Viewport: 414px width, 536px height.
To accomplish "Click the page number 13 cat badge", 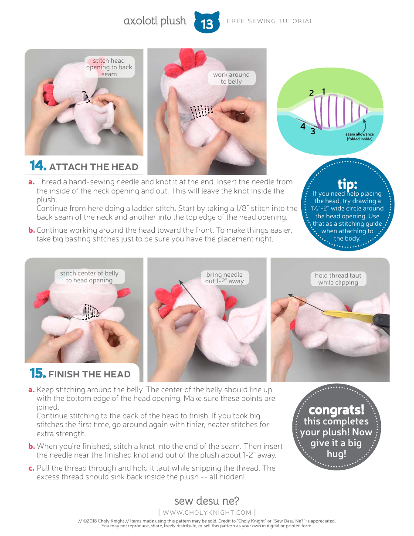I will tap(207, 23).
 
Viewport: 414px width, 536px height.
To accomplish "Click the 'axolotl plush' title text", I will tap(155, 21).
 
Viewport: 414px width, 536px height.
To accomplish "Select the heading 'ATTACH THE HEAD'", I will tap(94, 167).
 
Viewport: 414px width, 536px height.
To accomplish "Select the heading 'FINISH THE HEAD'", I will tap(89, 374).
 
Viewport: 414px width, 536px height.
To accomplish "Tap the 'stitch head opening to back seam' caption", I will tap(109, 68).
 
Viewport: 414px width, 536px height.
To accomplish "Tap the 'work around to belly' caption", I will tap(231, 78).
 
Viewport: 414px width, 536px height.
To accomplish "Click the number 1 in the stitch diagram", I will tap(324, 92).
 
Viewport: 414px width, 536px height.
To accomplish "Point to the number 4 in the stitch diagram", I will tap(302, 126).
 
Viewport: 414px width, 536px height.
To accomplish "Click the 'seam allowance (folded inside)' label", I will tap(360, 137).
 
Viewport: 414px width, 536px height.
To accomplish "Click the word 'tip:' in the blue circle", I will tap(347, 184).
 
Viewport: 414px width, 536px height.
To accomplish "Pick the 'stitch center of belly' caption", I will tap(89, 277).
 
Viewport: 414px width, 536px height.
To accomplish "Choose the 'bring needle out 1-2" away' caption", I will tap(224, 278).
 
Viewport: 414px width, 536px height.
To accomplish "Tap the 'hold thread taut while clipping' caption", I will tap(338, 279).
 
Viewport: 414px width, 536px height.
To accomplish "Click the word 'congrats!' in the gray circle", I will tap(336, 410).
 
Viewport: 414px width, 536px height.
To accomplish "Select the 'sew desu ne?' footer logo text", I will tap(207, 501).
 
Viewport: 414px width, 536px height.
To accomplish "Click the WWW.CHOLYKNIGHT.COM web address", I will tap(207, 512).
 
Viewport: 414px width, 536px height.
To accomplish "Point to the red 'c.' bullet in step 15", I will tap(31, 468).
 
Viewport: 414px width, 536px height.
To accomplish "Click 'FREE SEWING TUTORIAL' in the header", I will tap(270, 21).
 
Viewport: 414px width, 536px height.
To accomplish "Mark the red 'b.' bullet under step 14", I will tap(31, 230).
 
